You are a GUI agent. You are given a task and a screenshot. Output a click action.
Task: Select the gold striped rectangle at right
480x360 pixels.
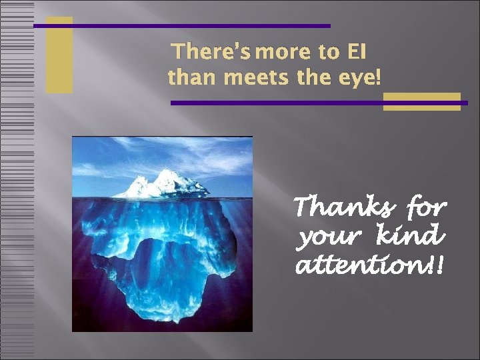pyautogui.click(x=421, y=101)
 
